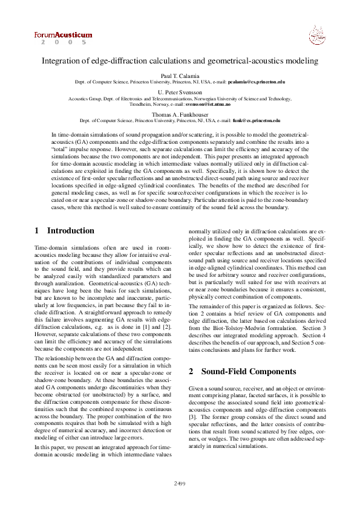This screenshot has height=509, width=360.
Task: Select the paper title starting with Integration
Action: tap(180, 61)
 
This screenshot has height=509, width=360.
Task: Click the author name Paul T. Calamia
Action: tap(180, 74)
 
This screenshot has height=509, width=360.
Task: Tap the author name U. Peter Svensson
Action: tap(180, 91)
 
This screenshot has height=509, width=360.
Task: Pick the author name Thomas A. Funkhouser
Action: tap(180, 114)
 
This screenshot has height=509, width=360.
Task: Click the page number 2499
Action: tap(180, 484)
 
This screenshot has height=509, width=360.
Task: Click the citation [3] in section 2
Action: tap(192, 417)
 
